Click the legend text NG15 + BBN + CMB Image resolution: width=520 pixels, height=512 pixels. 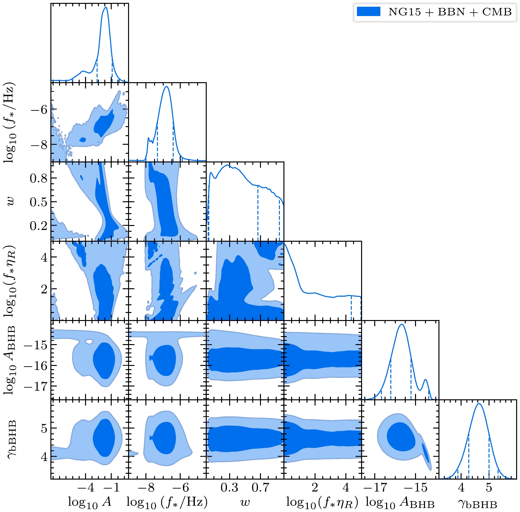click(450, 12)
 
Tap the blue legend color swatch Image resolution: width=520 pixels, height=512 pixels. click(368, 12)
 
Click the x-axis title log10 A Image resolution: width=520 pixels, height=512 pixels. click(90, 502)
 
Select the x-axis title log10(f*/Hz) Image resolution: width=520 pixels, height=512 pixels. click(167, 502)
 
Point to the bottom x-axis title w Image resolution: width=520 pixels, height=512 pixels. click(245, 502)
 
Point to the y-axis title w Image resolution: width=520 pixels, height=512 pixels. click(12, 202)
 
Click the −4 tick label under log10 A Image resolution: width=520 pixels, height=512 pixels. click(86, 488)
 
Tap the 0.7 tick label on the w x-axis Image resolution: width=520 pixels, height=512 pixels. click(260, 488)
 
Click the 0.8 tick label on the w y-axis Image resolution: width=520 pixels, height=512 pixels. click(39, 178)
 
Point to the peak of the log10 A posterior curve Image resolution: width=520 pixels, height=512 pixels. click(106, 7)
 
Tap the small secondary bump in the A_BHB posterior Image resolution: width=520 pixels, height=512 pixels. click(426, 380)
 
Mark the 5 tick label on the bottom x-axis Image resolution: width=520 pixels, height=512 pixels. click(489, 488)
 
